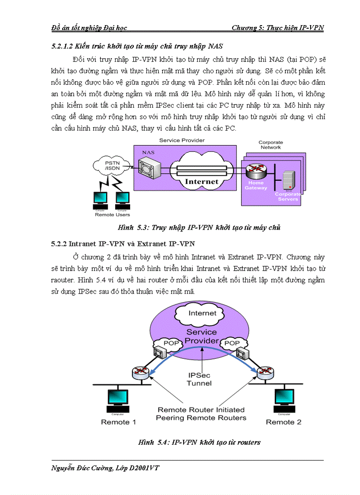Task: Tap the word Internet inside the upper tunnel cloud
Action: click(x=202, y=181)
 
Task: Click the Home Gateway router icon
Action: click(x=256, y=170)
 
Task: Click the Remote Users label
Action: click(x=112, y=215)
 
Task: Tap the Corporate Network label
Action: click(x=270, y=145)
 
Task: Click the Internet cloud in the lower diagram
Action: click(x=202, y=313)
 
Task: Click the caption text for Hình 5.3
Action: click(x=199, y=227)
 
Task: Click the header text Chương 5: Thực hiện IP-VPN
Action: click(x=277, y=28)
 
